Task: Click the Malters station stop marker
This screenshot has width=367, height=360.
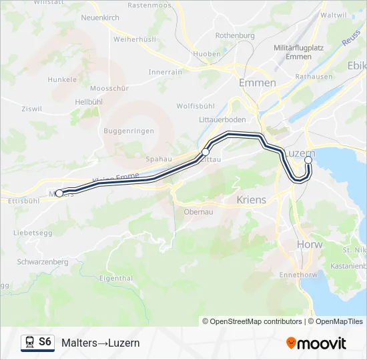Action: (59, 193)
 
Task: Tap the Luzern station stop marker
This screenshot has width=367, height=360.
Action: (308, 160)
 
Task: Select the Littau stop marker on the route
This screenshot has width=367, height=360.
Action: (206, 153)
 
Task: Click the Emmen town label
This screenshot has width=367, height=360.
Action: (257, 83)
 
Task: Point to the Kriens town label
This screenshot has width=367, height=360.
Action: (252, 199)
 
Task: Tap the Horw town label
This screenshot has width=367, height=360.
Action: (310, 245)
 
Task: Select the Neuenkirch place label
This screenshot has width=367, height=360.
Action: (99, 17)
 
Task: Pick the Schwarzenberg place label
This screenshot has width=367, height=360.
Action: (43, 262)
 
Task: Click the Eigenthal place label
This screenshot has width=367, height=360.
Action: (115, 278)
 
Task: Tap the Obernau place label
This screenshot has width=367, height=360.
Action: (198, 212)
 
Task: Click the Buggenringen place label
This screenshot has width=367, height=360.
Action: (129, 131)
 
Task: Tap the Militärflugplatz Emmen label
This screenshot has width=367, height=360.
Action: (299, 53)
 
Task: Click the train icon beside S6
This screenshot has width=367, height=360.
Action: (29, 343)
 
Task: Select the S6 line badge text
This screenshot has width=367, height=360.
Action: (45, 342)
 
